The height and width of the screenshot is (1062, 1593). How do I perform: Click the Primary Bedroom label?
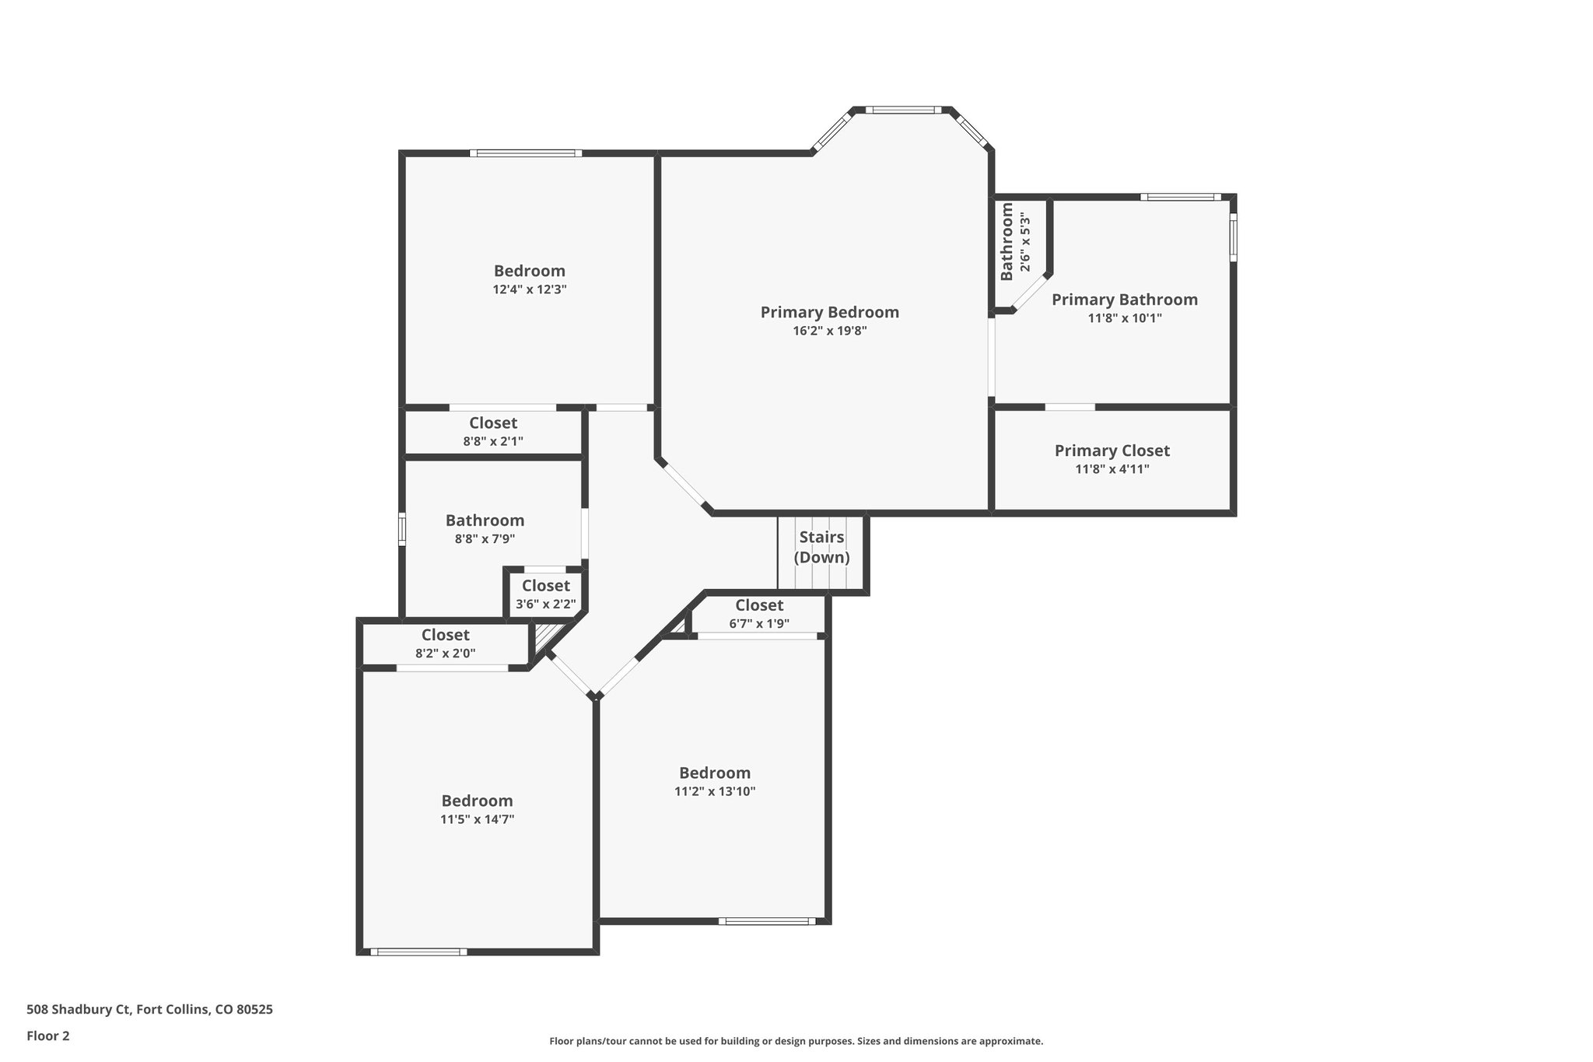[x=829, y=313]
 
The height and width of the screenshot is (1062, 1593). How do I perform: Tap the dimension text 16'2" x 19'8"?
[x=830, y=331]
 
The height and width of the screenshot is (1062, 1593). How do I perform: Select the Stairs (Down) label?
[x=821, y=548]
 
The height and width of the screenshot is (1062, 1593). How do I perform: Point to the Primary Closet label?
[x=1112, y=451]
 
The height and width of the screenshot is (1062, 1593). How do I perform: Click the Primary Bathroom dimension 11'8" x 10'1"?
[x=1125, y=318]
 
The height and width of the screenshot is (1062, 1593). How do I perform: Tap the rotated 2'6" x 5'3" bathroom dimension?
[x=1026, y=243]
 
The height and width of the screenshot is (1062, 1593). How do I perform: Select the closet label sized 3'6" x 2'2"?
[x=546, y=586]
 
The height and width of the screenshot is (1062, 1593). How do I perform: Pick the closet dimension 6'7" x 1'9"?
[x=759, y=623]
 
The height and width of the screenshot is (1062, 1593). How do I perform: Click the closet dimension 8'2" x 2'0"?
[x=446, y=654]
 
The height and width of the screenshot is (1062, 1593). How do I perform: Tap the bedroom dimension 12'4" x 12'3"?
[x=530, y=289]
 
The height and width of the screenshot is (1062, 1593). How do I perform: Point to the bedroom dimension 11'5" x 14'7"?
[x=478, y=819]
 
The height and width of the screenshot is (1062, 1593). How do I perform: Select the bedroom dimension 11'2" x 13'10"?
[x=715, y=792]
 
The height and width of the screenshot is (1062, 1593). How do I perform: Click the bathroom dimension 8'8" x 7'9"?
[x=485, y=538]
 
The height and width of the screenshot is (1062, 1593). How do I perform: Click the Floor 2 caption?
[x=48, y=1036]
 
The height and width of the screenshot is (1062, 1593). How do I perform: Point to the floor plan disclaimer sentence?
[x=796, y=1041]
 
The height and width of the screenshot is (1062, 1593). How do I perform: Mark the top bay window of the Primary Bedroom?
[x=903, y=110]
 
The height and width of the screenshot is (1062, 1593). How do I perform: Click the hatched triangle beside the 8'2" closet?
[x=543, y=636]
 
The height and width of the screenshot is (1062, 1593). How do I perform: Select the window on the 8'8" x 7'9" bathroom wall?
[x=402, y=528]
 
